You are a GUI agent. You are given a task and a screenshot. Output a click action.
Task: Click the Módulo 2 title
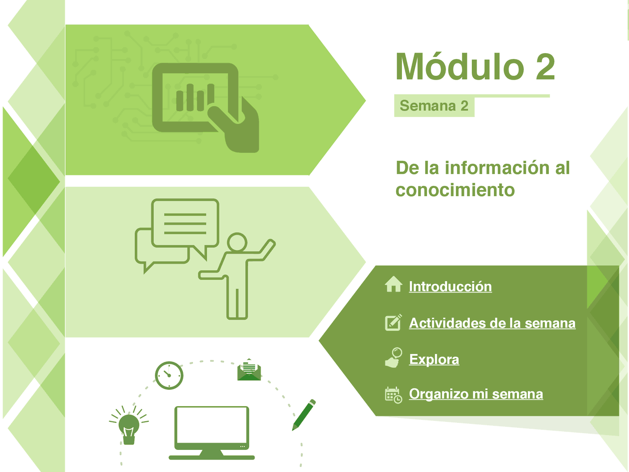(x=475, y=67)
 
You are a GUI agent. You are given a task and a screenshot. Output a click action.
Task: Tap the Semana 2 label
(x=434, y=106)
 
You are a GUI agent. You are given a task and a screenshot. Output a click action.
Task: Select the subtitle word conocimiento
(x=455, y=190)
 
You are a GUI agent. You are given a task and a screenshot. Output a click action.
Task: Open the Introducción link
(x=450, y=287)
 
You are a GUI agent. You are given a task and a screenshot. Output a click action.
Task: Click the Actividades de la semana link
(x=492, y=323)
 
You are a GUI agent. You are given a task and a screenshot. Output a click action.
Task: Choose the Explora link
(x=434, y=359)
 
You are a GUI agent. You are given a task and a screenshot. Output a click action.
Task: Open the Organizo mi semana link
(x=476, y=394)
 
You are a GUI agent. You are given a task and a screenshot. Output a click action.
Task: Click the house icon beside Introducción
(x=394, y=284)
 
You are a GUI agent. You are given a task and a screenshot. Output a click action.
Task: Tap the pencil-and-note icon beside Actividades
(x=393, y=322)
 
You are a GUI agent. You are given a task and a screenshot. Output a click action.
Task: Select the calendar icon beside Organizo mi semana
(x=393, y=395)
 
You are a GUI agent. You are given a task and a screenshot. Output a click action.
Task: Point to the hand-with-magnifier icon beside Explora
(x=394, y=358)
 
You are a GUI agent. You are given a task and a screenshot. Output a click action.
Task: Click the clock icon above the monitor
(x=169, y=376)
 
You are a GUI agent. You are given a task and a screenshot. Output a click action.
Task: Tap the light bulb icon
(x=129, y=425)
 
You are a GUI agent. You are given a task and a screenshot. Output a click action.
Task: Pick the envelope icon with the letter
(x=249, y=370)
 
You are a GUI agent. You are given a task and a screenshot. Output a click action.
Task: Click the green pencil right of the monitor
(x=304, y=415)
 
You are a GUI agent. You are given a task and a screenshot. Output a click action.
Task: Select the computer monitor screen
(x=212, y=426)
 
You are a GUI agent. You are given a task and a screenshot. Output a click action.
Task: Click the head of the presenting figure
(x=237, y=242)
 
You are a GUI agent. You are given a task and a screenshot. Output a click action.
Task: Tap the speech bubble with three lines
(x=185, y=224)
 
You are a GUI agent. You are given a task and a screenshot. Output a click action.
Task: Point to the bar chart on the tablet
(x=195, y=97)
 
